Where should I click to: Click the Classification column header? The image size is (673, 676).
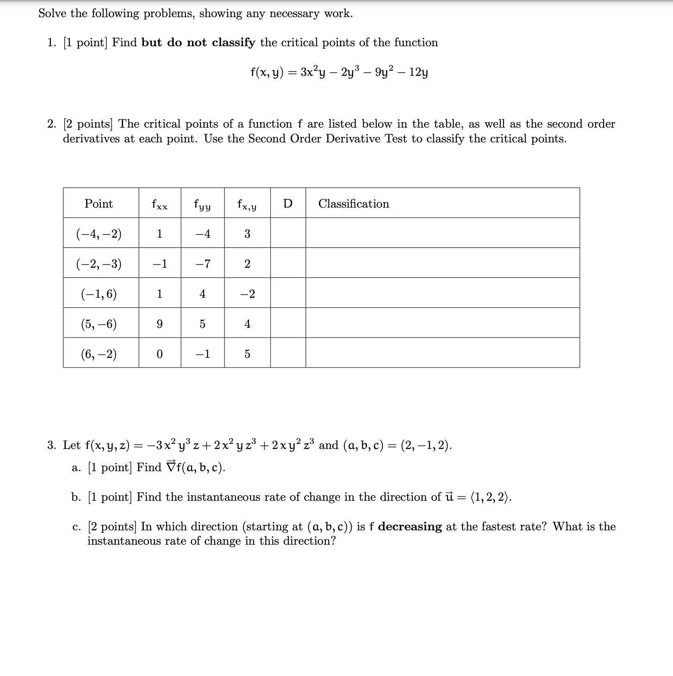[x=354, y=204]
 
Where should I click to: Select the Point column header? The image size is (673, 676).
[x=99, y=204]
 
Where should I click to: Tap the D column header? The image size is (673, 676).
[x=287, y=204]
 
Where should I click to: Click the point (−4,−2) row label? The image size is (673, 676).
[x=99, y=234]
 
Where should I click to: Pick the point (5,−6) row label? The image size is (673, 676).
[x=99, y=324]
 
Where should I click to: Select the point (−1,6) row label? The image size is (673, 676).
[x=99, y=294]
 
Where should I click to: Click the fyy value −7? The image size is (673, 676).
[x=202, y=264]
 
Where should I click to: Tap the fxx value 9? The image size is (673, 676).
[x=159, y=324]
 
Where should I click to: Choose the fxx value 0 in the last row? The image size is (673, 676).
[x=159, y=354]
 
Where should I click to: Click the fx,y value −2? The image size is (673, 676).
[x=247, y=294]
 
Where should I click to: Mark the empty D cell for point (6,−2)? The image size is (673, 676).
[x=287, y=353]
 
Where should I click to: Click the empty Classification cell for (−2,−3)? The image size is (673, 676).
[x=442, y=263]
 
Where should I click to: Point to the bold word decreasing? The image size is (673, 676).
[x=410, y=527]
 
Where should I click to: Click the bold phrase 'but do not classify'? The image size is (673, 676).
[x=198, y=43]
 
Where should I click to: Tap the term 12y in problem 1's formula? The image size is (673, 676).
[x=418, y=73]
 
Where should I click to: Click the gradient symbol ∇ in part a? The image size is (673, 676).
[x=170, y=467]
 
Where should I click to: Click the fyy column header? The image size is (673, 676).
[x=202, y=204]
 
